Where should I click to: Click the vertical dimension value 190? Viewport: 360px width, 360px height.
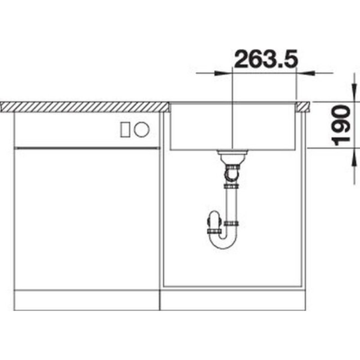[342, 125]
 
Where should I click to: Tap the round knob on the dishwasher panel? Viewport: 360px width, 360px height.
[142, 130]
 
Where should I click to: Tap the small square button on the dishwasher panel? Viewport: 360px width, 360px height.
[125, 130]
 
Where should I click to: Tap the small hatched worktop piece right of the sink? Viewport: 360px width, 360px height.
[303, 107]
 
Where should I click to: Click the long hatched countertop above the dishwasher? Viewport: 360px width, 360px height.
[85, 107]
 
